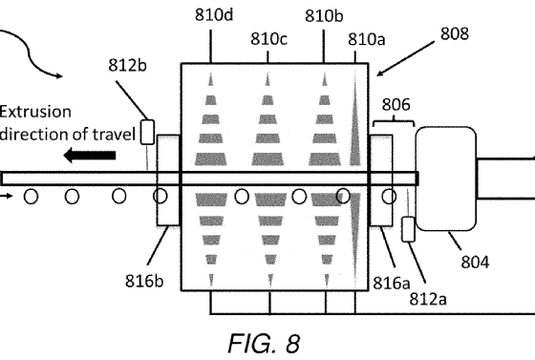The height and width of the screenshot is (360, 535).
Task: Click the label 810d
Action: click(x=214, y=15)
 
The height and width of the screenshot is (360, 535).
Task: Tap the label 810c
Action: click(x=268, y=39)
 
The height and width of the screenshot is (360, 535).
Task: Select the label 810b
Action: click(x=324, y=16)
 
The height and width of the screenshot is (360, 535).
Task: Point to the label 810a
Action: click(x=367, y=39)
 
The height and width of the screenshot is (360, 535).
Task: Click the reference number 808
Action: click(x=455, y=33)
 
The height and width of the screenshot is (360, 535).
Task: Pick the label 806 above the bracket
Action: click(x=396, y=105)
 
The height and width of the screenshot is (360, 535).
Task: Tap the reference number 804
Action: click(x=475, y=263)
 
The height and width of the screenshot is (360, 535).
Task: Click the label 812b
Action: click(x=127, y=65)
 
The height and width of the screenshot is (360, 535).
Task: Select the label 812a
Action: click(x=428, y=299)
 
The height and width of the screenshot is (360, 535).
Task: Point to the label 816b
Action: click(x=144, y=281)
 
